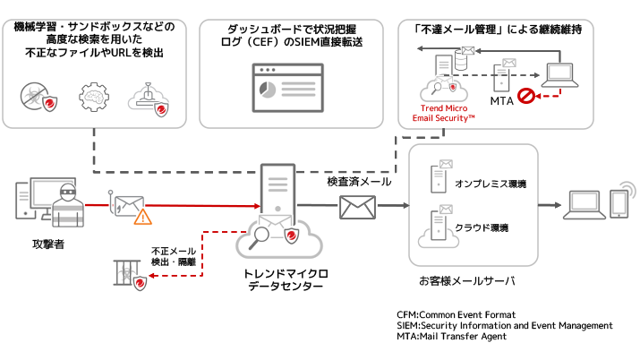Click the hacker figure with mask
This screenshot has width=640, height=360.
click(x=67, y=204)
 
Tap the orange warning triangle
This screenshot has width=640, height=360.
click(x=142, y=216)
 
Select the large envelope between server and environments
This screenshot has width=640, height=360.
click(x=357, y=207)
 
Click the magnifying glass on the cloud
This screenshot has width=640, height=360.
click(x=260, y=237)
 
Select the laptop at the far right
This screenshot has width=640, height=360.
click(x=584, y=205)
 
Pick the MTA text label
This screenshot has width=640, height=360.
click(x=501, y=100)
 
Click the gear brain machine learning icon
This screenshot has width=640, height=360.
click(x=93, y=96)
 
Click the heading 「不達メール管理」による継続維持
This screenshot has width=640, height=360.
click(x=493, y=29)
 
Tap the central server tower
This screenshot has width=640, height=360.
click(x=278, y=192)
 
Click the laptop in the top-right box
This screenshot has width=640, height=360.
click(x=562, y=74)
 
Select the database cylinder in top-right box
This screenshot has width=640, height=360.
click(x=462, y=60)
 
